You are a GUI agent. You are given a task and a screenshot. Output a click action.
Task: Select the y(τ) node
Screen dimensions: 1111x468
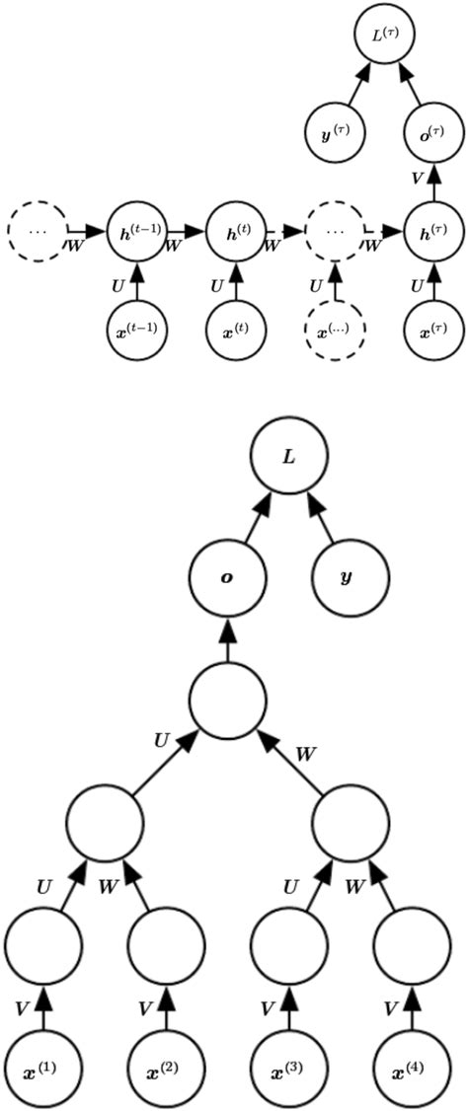click(334, 130)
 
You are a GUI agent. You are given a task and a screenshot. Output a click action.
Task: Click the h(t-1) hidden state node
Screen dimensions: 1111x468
click(136, 232)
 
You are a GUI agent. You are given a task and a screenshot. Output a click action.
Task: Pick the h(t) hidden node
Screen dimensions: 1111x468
click(236, 232)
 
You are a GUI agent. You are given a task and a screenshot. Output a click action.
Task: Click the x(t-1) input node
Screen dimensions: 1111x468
click(136, 332)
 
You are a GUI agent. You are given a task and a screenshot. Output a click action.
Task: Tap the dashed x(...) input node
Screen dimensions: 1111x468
click(335, 332)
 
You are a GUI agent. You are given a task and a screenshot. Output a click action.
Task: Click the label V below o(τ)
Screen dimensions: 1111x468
click(418, 181)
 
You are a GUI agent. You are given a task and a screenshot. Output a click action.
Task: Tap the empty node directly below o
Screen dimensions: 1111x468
click(228, 699)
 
